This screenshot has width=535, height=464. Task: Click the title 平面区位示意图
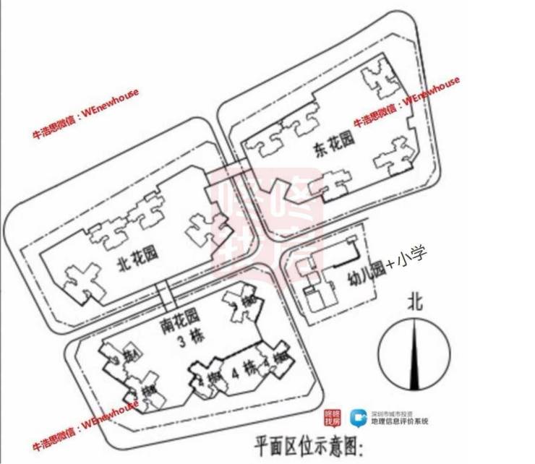point(307,442)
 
